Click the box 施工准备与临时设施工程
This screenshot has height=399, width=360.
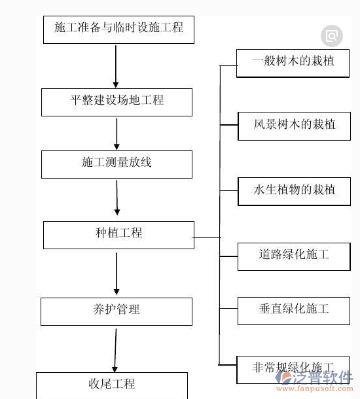[x=118, y=28]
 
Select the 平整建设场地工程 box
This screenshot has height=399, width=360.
[x=117, y=101]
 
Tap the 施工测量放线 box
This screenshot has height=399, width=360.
[x=117, y=163]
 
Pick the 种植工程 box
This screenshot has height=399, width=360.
[x=118, y=234]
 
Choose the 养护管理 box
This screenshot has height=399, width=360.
[x=117, y=310]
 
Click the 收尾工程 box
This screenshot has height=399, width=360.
[x=111, y=384]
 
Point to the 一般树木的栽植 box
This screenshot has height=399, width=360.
[x=294, y=63]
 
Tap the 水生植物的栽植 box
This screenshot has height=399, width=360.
[x=294, y=190]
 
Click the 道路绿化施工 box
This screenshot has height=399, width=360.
[x=294, y=255]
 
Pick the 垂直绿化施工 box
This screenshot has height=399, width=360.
[x=294, y=309]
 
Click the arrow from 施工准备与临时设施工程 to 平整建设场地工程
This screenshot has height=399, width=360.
[x=116, y=65]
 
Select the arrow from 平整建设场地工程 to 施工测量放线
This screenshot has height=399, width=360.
[x=117, y=133]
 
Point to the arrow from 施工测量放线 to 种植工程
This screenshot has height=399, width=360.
[x=117, y=198]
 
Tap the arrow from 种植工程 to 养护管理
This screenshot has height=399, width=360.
[x=117, y=273]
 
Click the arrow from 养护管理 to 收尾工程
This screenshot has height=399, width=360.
[x=116, y=350]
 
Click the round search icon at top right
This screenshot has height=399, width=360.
[x=332, y=36]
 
